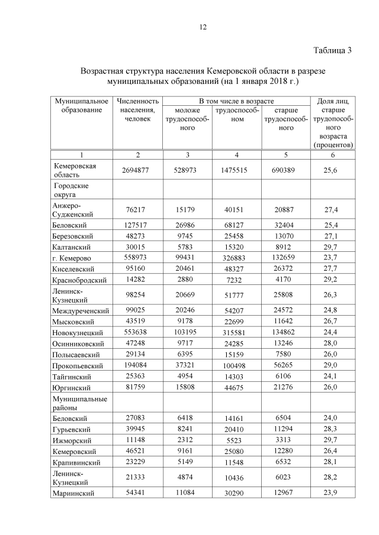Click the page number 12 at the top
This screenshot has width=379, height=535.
coord(202,27)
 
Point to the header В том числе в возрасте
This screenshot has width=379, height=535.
coord(236,102)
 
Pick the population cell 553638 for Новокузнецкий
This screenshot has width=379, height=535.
coord(137,332)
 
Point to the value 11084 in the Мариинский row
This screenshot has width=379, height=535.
coord(187,494)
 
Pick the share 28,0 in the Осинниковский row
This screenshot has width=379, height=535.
coord(332,343)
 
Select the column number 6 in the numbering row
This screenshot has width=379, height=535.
coord(332,155)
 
